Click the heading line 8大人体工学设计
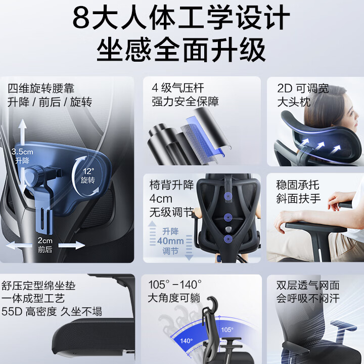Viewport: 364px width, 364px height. point(181,18)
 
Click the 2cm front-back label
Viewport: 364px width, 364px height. point(45,245)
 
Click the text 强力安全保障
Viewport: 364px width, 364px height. point(185,102)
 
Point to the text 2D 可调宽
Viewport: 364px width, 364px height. point(302,88)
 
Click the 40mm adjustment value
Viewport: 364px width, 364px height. point(170,241)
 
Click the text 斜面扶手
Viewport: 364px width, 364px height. point(298,199)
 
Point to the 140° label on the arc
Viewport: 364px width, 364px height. point(187,340)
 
